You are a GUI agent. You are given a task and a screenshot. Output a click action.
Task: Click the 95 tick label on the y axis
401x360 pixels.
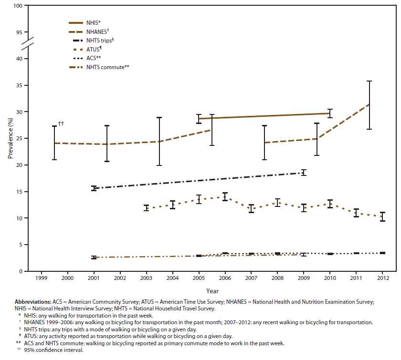(x=19, y=32)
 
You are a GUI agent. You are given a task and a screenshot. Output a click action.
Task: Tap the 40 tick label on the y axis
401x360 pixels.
(x=19, y=59)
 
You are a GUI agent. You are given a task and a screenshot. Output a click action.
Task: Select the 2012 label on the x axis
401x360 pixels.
(x=382, y=277)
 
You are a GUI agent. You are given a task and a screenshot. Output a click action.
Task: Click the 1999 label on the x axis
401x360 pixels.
(x=41, y=277)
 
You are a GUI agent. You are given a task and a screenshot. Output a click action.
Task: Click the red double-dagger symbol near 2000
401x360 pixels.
(x=61, y=124)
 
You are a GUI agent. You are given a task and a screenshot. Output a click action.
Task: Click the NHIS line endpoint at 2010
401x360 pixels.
(x=329, y=113)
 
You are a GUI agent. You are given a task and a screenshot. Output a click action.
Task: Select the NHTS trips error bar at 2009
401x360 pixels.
(x=303, y=173)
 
